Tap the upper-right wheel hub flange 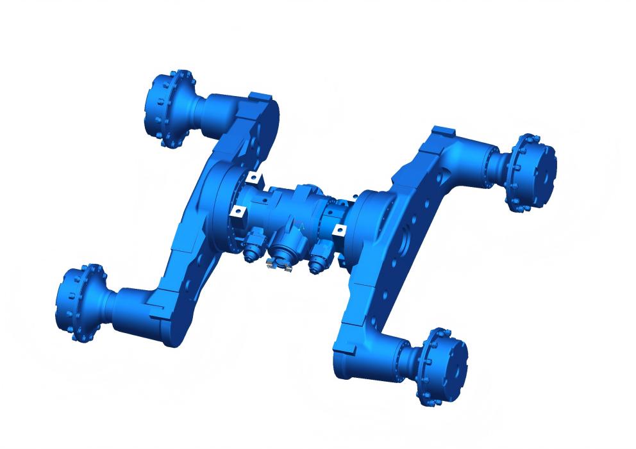pyautogui.click(x=531, y=172)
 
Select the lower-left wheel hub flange pyautogui.click(x=80, y=302)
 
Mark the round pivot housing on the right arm pyautogui.click(x=369, y=221)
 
